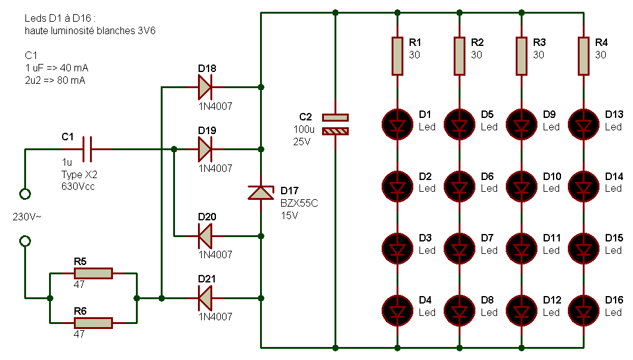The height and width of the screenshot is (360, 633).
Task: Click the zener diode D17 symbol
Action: click(x=261, y=192)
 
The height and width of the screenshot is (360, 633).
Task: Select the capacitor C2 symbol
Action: click(x=335, y=124)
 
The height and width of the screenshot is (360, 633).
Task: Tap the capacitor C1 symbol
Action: click(x=88, y=150)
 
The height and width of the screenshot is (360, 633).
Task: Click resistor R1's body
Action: click(x=397, y=56)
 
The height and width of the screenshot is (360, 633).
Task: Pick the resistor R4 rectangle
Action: click(x=583, y=56)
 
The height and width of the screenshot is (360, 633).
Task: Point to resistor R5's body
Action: click(x=93, y=273)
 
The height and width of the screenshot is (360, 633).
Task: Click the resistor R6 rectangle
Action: click(x=93, y=323)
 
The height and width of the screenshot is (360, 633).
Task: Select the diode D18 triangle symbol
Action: click(x=205, y=87)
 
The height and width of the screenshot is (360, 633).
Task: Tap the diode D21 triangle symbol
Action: click(x=205, y=299)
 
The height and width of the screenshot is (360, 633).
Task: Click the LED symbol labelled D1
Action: click(x=397, y=124)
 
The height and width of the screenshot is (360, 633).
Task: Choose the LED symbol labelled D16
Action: click(x=583, y=310)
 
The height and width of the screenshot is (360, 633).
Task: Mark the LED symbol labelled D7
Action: click(x=459, y=248)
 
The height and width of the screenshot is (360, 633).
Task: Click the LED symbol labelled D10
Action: click(x=521, y=186)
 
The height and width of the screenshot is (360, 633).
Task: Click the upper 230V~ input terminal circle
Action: click(x=25, y=194)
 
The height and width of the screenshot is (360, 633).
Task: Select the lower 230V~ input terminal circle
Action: click(x=25, y=241)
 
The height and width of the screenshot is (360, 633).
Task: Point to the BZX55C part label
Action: click(x=299, y=203)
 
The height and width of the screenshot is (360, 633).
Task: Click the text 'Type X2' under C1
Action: click(x=79, y=175)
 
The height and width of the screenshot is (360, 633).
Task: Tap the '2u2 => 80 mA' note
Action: click(x=55, y=80)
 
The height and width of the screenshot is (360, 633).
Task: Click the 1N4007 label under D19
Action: click(x=215, y=168)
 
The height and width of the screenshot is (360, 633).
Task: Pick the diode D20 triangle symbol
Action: click(x=205, y=236)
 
